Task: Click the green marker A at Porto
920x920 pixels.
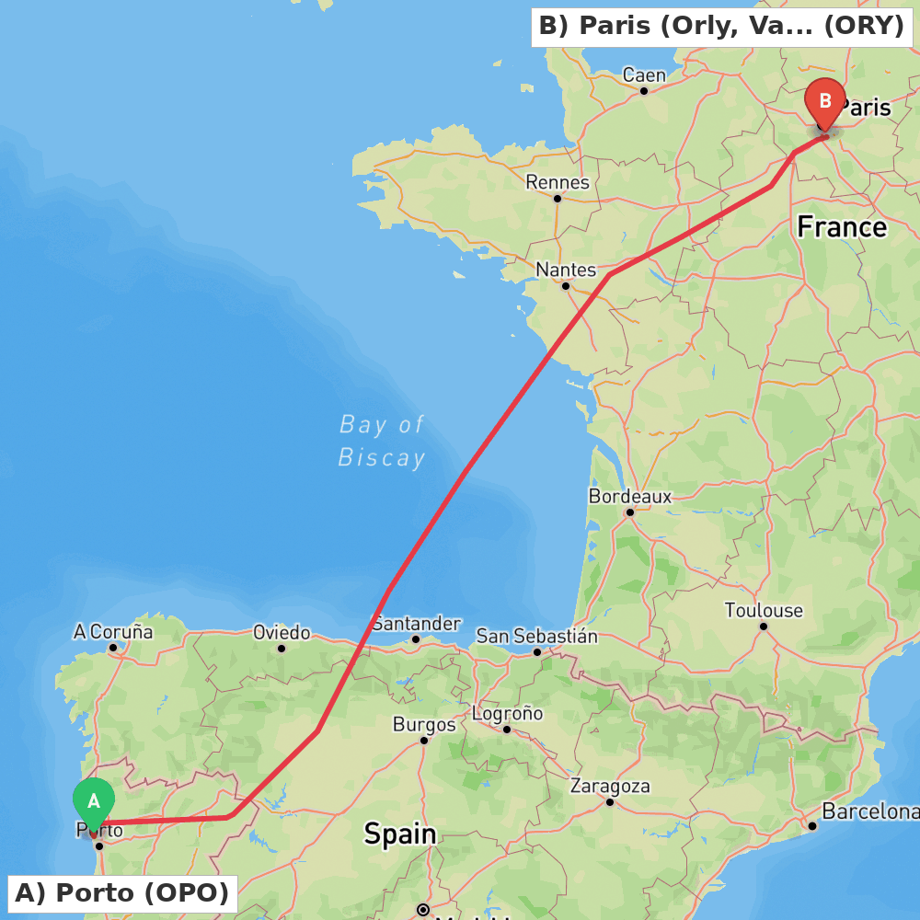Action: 93,802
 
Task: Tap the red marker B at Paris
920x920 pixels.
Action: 824,102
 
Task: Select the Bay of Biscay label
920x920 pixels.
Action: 382,441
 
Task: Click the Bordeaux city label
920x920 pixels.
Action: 630,496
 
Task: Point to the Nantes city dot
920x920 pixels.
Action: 566,285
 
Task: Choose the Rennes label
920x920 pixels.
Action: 558,182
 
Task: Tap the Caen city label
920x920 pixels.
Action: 644,75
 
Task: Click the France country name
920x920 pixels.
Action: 842,226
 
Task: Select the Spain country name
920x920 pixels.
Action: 399,834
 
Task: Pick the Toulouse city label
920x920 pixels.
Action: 764,610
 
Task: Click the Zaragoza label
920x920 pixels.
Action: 610,786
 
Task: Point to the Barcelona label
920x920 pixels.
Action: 869,811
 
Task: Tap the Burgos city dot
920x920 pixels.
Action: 424,740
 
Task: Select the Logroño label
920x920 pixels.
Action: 507,713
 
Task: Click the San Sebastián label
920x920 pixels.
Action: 536,636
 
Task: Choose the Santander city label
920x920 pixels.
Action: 416,623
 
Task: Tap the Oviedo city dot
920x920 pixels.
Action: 282,648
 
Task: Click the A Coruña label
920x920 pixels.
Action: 113,631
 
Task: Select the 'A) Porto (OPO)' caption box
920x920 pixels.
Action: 122,892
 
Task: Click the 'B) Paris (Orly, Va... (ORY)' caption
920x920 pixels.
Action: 721,26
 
